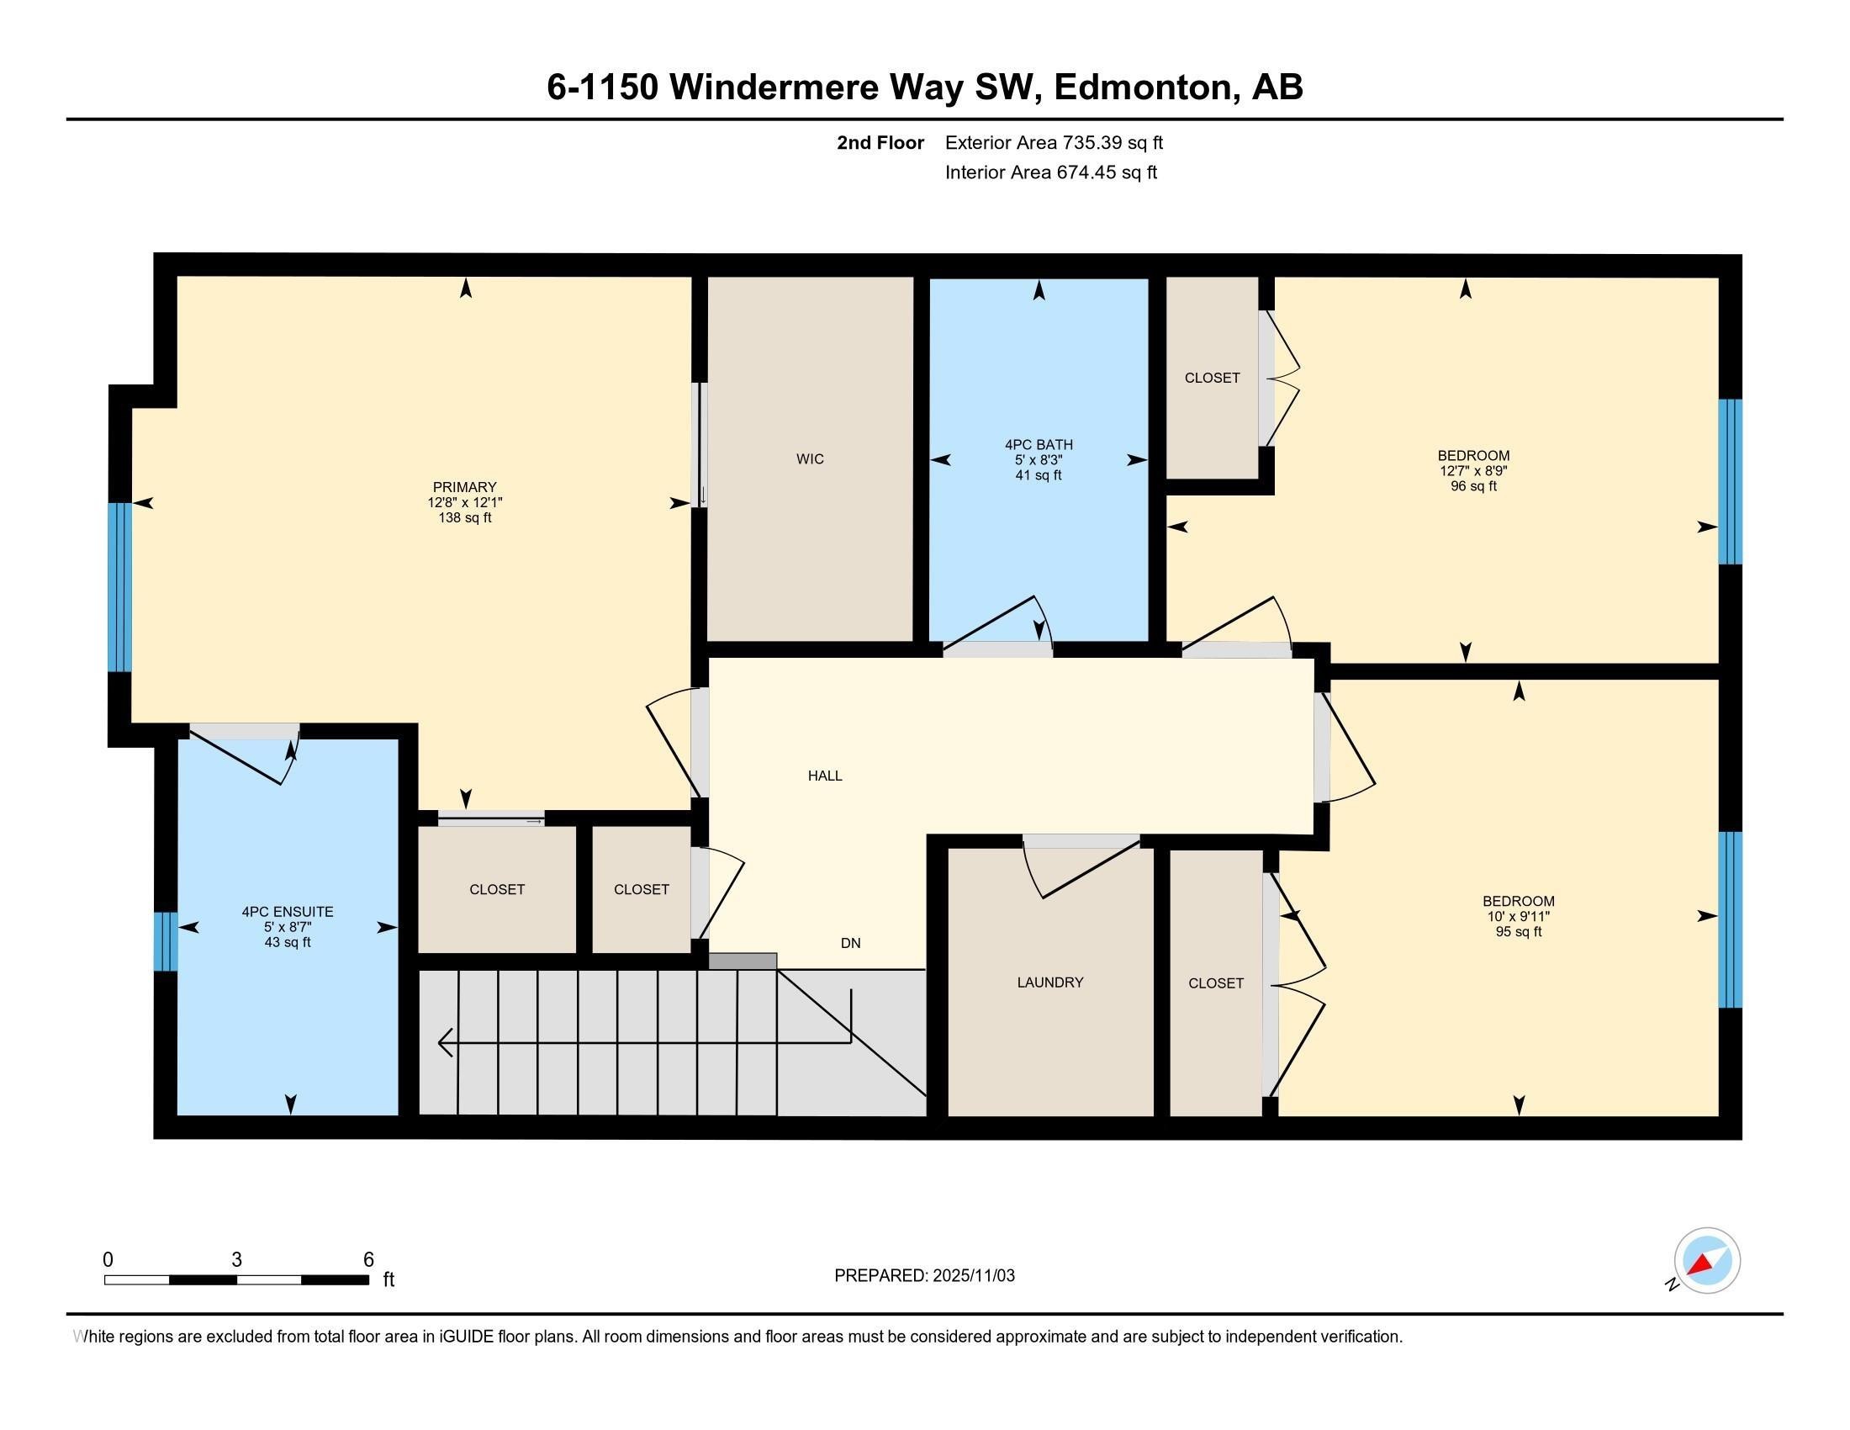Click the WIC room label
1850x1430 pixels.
[x=810, y=459]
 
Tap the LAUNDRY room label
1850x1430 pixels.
[x=1049, y=982]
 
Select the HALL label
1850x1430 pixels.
[x=824, y=776]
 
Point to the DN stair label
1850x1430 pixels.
[x=850, y=943]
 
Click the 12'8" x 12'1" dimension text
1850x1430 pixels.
[x=464, y=502]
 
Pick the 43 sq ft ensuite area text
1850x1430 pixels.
[x=287, y=942]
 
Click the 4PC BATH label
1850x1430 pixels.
[x=1039, y=445]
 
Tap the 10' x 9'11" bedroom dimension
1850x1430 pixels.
[x=1518, y=917]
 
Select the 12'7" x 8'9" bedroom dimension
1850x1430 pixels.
[x=1473, y=471]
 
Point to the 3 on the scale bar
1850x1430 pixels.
[x=236, y=1260]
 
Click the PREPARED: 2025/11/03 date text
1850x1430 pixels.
[x=924, y=1276]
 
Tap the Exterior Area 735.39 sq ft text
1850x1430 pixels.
[x=1054, y=143]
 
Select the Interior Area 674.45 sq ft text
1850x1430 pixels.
[x=1050, y=172]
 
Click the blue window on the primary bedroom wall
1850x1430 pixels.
[x=119, y=587]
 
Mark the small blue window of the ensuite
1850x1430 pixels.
[x=165, y=941]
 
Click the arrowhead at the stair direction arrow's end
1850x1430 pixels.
[x=442, y=1043]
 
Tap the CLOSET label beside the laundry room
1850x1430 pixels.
[x=1216, y=983]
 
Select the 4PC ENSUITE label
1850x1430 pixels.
[x=287, y=913]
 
